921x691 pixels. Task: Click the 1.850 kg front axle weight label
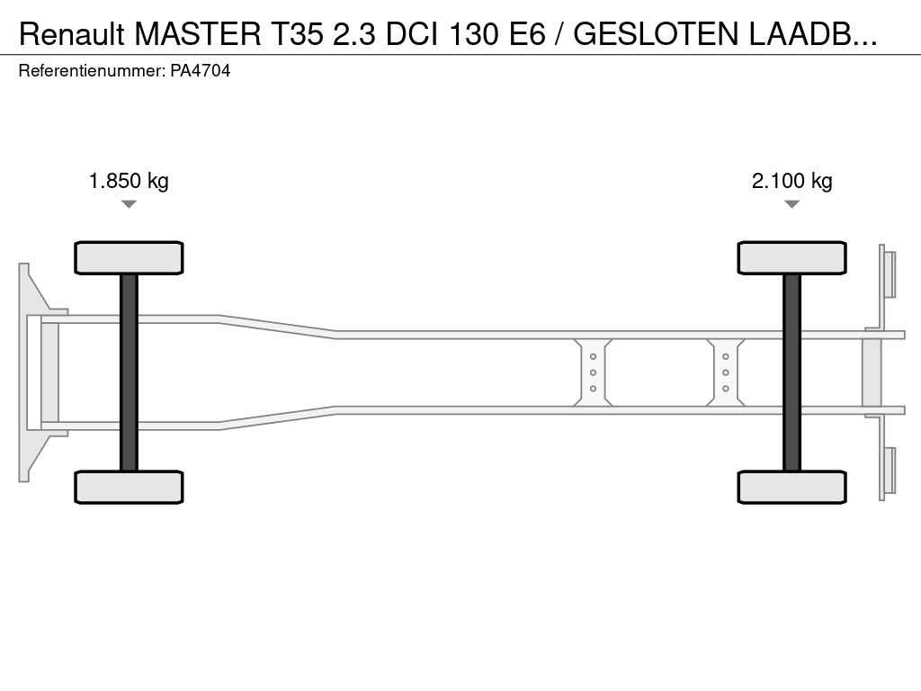129,181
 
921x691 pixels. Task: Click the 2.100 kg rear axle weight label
791,181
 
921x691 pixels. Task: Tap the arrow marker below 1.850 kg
129,204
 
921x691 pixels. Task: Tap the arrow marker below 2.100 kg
791,204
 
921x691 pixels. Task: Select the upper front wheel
129,257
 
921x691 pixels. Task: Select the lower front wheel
129,487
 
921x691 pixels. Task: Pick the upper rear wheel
791,257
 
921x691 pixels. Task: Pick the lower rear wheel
791,487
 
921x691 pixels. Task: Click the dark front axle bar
129,372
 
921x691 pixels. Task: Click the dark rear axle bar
791,372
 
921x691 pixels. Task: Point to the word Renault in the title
72,34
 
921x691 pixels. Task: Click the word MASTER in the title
198,34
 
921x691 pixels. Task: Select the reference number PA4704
201,71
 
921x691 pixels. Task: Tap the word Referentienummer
92,71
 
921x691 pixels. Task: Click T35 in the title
297,34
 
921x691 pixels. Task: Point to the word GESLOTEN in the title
656,34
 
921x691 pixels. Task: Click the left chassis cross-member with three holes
593,372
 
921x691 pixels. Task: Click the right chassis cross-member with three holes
726,372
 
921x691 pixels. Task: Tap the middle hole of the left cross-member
594,372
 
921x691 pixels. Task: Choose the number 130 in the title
474,34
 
